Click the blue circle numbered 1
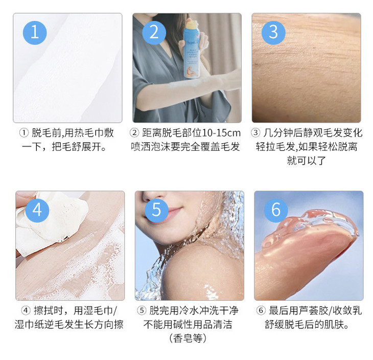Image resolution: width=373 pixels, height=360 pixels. coord(35,33)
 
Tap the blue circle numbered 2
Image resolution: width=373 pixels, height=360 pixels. coord(154,33)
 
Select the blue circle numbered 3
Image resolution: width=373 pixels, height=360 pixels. coord(273,33)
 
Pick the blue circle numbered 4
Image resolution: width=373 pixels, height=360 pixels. coord(37,211)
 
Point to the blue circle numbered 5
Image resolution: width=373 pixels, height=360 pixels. coord(156,211)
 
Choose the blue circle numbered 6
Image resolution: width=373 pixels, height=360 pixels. coord(276,211)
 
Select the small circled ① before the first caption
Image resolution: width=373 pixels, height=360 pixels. coord(24,133)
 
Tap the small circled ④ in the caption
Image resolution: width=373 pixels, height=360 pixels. coord(26,310)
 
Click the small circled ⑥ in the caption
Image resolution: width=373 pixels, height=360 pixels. coord(261,310)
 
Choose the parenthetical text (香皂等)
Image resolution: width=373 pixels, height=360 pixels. coord(188,338)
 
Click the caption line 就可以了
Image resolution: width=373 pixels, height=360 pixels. coord(307,161)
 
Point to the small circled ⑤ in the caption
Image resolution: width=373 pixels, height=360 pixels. coord(142,310)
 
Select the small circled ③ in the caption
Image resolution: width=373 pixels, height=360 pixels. coord(255,133)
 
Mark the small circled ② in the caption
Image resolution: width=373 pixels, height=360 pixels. coord(134,133)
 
